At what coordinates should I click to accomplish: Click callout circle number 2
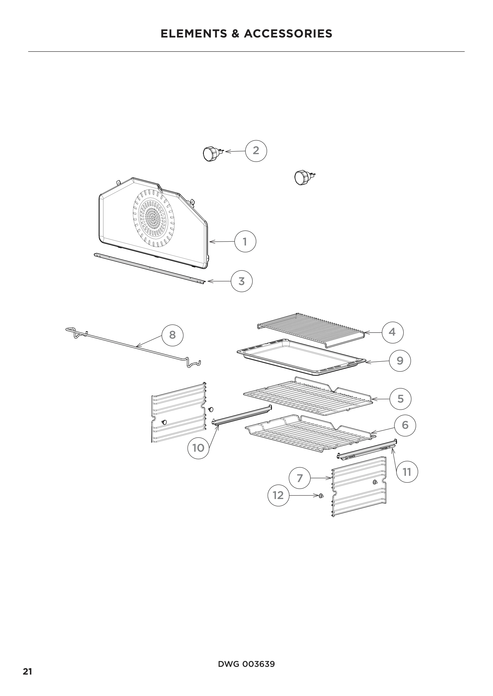tap(256, 151)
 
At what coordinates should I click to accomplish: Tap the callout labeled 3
tap(241, 281)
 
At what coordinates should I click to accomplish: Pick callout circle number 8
tap(172, 335)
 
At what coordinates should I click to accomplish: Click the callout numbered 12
tap(278, 495)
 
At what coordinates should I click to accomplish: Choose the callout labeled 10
tap(198, 448)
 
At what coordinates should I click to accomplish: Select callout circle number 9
tap(400, 361)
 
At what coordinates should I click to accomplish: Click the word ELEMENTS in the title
tap(193, 34)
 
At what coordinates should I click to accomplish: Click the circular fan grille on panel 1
tap(154, 218)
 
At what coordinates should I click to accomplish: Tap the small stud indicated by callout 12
tap(321, 496)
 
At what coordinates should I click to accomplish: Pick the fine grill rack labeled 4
tap(311, 330)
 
